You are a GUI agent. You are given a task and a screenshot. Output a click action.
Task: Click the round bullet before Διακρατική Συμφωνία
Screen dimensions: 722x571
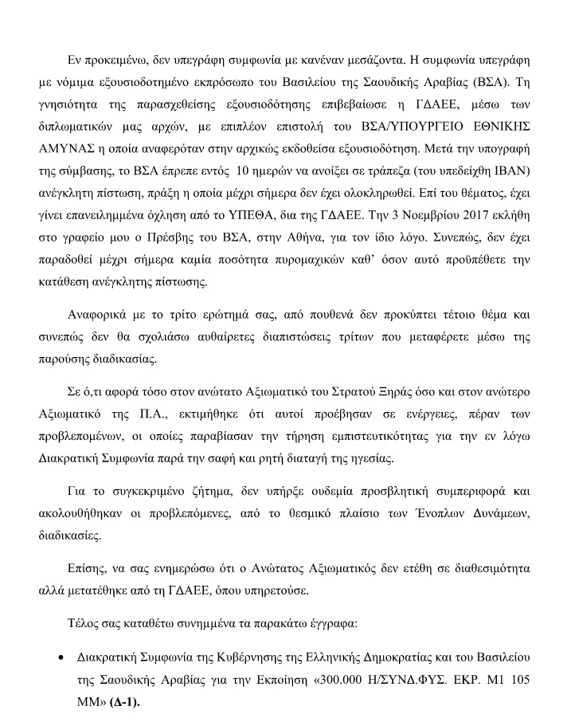point(61,661)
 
